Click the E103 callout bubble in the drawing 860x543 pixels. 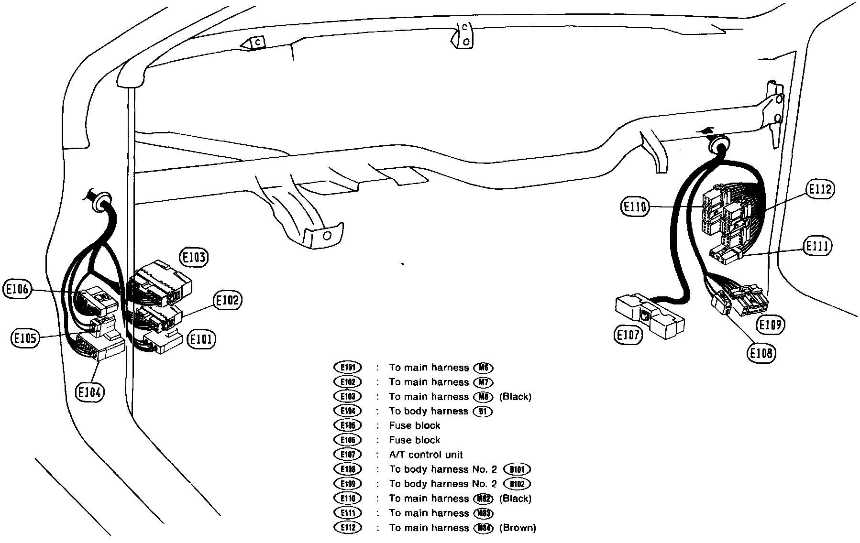(x=194, y=258)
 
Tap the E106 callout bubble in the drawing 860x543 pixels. (x=17, y=289)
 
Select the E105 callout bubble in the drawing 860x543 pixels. (x=25, y=339)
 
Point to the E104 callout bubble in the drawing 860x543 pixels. (x=90, y=392)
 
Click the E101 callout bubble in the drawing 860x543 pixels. (x=202, y=340)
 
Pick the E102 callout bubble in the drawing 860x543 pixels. (x=227, y=301)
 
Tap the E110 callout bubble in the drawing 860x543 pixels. (x=635, y=207)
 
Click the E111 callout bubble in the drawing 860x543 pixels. (x=817, y=246)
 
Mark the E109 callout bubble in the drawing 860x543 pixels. (x=771, y=325)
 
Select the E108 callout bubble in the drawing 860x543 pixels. (x=761, y=353)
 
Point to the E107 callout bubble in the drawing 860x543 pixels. (x=628, y=335)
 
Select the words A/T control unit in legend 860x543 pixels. (x=426, y=455)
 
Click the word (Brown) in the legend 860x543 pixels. (x=518, y=528)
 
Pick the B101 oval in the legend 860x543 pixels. (x=518, y=469)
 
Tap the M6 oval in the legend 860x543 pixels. (x=483, y=368)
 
